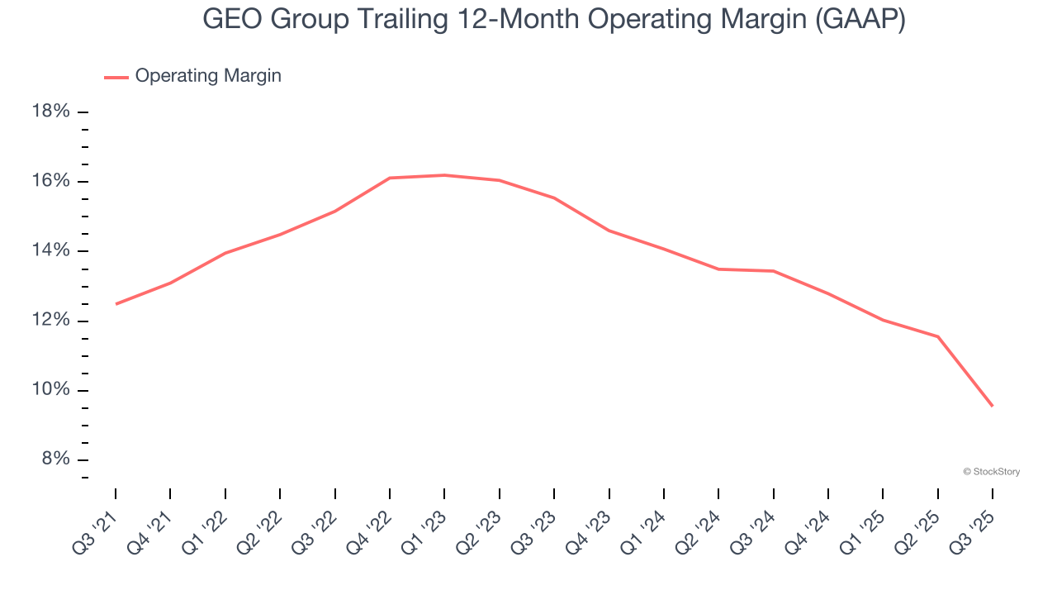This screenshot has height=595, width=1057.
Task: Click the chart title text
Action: point(553,20)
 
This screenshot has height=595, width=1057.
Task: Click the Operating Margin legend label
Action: point(207,76)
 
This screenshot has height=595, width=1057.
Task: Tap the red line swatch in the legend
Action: point(116,77)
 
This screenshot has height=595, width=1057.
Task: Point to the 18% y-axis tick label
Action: point(50,111)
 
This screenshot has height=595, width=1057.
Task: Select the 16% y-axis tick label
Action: point(50,181)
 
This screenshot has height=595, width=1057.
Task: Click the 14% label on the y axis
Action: point(50,250)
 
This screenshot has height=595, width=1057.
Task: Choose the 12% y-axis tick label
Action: point(50,321)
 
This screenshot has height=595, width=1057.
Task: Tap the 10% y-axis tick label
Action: point(50,390)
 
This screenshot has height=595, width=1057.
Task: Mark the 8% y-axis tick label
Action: point(54,459)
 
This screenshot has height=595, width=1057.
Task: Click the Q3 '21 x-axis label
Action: point(97,522)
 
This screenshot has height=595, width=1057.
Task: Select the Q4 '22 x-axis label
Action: point(371,522)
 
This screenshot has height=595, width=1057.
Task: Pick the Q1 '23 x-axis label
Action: point(425,522)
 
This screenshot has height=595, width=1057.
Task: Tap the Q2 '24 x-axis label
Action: point(699,522)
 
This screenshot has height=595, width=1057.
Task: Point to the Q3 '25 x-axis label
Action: point(974,522)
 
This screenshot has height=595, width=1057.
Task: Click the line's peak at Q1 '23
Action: point(444,175)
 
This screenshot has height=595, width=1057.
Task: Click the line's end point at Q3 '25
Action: point(992,406)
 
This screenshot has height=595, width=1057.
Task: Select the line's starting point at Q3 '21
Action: point(116,304)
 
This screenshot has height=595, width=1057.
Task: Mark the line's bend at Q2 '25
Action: point(937,336)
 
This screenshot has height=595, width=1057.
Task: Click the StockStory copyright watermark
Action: point(991,472)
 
